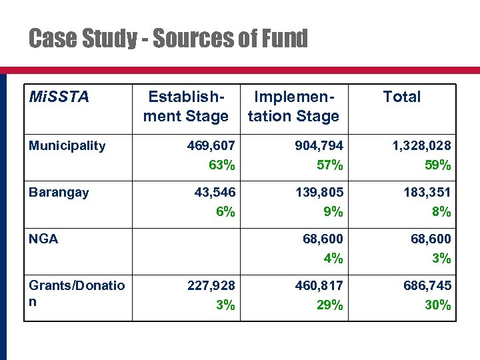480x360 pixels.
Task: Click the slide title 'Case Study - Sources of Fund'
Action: (168, 39)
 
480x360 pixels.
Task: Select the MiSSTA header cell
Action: (59, 97)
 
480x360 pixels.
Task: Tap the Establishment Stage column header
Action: (185, 107)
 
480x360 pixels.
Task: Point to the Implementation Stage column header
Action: (293, 107)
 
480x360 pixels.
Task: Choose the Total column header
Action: (401, 97)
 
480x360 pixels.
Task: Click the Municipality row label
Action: (67, 145)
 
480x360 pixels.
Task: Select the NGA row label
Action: (43, 239)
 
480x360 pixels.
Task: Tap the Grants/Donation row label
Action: (76, 293)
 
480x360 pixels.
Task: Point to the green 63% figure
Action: (221, 165)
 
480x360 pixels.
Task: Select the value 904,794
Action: (319, 145)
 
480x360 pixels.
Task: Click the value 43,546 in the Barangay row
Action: (214, 192)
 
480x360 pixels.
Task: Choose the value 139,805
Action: (319, 192)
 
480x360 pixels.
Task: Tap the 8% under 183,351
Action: (441, 211)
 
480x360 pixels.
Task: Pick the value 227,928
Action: (211, 285)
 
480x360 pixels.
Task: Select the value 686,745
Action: (427, 285)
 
